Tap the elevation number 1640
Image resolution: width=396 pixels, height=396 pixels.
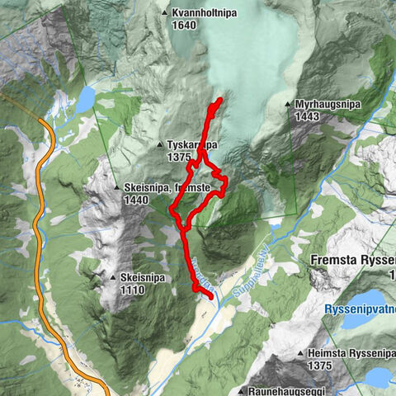186,25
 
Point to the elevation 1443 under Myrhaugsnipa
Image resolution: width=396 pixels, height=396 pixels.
307,117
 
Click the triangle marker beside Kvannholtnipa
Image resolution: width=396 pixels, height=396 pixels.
165,13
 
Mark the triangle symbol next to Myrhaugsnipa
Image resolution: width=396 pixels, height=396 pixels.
287,105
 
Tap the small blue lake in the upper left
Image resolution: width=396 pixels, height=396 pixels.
85,100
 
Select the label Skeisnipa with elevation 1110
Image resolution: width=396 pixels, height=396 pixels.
143,278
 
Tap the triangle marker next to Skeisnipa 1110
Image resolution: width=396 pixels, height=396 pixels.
113,278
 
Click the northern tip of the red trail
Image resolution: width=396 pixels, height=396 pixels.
220,101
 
